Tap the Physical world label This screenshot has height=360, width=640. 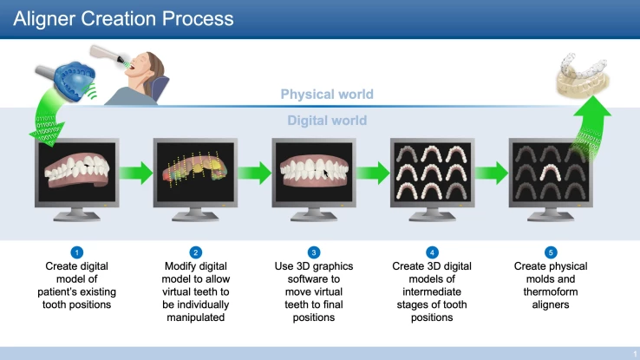[327, 95]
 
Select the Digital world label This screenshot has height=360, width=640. [327, 121]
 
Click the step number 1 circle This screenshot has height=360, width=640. [77, 252]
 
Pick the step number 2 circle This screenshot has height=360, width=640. [196, 252]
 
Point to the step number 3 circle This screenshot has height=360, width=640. [314, 252]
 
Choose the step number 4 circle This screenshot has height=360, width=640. [433, 252]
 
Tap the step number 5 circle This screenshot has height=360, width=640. [551, 252]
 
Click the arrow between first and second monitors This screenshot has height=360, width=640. [135, 173]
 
